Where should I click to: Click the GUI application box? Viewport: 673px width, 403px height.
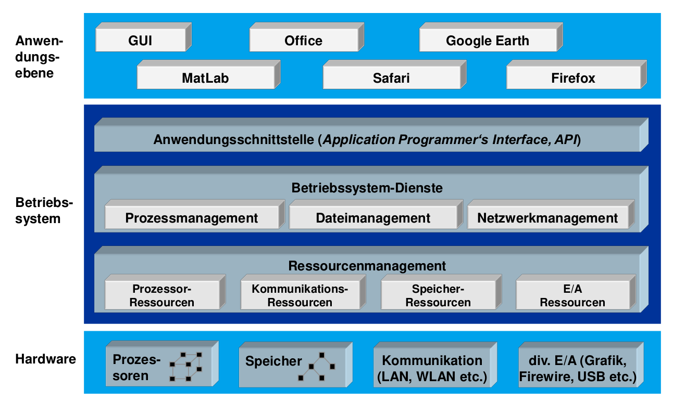[140, 41]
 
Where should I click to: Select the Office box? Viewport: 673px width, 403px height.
[303, 41]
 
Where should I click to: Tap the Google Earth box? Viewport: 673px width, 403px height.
[487, 41]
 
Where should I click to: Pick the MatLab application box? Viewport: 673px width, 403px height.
[205, 78]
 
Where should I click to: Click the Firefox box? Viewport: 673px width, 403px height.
[573, 78]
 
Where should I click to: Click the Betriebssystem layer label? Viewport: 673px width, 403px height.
[38, 210]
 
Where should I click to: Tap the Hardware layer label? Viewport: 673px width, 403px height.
[45, 359]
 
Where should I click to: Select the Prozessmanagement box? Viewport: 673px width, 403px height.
[191, 218]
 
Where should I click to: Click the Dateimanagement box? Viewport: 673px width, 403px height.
[373, 218]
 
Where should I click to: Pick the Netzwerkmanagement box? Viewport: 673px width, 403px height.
[547, 218]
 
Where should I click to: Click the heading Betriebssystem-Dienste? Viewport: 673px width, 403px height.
[367, 188]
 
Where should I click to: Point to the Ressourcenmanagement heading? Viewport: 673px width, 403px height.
[367, 266]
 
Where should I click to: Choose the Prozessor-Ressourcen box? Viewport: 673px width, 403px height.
[162, 295]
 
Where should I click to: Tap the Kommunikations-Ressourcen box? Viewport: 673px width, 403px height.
[300, 295]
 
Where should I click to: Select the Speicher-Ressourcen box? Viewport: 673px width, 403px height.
[438, 295]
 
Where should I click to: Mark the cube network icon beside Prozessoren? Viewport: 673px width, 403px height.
[186, 367]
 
